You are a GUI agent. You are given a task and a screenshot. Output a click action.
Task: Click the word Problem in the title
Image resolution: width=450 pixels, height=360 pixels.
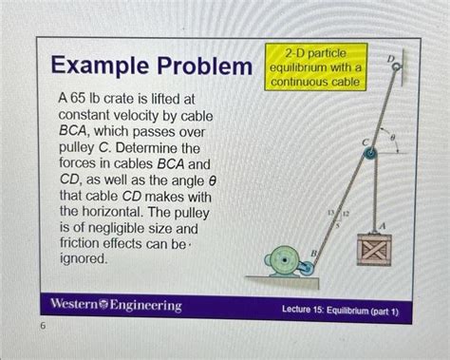205,66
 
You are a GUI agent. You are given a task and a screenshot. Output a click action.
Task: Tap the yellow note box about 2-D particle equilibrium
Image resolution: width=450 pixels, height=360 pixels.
316,67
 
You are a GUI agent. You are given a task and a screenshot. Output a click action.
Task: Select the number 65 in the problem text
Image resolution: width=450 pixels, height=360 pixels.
78,99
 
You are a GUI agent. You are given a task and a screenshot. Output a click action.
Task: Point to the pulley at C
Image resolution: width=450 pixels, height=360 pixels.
370,154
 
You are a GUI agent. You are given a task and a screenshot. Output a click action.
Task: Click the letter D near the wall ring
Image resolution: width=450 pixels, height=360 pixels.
391,59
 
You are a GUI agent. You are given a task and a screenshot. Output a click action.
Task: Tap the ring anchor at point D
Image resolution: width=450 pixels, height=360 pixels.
397,66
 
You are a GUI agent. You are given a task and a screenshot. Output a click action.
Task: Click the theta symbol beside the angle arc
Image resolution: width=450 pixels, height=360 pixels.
393,138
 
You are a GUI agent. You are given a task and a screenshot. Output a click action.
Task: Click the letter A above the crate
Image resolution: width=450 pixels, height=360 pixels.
383,226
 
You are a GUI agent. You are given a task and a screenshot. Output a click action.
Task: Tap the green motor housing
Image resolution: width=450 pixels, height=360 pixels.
284,261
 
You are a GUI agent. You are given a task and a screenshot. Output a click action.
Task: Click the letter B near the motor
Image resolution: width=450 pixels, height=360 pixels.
313,254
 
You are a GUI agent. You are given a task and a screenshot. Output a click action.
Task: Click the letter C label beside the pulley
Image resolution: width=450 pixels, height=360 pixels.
366,143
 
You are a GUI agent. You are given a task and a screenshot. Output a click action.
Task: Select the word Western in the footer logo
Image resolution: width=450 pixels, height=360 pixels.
74,304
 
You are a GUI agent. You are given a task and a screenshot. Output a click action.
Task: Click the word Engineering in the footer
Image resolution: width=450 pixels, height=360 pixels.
145,306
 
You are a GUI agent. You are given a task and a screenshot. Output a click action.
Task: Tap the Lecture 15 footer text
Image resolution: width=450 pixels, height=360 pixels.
340,310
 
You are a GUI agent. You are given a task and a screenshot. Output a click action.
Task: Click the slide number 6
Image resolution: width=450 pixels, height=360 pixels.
43,325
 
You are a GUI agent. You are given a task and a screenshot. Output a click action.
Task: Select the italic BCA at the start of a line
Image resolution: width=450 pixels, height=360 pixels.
72,131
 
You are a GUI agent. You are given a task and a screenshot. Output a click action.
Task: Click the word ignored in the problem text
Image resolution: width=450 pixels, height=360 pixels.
84,259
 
